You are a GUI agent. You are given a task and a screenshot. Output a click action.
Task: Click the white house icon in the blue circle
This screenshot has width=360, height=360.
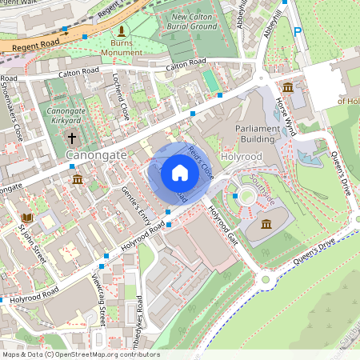click(180, 172)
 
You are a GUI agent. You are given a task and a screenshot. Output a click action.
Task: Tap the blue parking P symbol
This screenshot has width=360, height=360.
click(298, 32)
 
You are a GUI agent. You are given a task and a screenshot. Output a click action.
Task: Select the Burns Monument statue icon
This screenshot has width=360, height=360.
click(122, 33)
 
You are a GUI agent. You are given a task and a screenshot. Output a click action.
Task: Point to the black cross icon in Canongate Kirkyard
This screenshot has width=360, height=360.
click(71, 137)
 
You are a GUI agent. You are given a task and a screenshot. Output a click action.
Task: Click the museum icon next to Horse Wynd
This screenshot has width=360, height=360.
click(287, 87)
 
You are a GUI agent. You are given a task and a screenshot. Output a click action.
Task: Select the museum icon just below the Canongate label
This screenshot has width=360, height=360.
click(77, 179)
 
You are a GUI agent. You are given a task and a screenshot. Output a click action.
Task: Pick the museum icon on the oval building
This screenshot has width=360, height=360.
click(266, 223)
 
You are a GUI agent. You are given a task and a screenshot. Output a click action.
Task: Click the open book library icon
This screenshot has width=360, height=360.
click(27, 217)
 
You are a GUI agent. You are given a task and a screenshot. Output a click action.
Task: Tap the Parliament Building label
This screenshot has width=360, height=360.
click(258, 133)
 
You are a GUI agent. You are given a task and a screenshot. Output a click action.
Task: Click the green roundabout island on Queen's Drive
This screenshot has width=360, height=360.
click(265, 279)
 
